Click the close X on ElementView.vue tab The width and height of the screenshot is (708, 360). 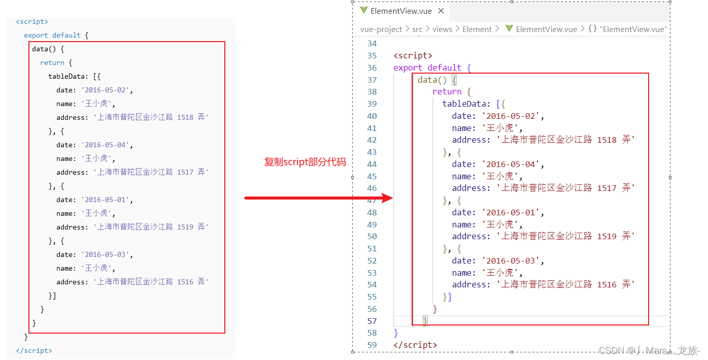click(x=441, y=11)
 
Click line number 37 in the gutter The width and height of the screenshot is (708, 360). click(x=372, y=80)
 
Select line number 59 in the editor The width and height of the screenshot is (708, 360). click(x=372, y=345)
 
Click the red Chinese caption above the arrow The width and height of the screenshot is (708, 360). click(x=305, y=162)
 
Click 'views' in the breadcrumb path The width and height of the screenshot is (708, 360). click(x=442, y=29)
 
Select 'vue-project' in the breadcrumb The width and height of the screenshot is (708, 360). click(x=381, y=29)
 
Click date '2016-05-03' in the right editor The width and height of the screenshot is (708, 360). click(x=512, y=260)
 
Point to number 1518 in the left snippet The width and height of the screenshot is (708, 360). click(x=185, y=117)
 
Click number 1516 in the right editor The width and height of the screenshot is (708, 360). click(x=606, y=284)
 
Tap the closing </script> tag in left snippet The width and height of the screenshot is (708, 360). click(x=34, y=350)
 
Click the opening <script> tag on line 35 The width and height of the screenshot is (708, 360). click(x=413, y=55)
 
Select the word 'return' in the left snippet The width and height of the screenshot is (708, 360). click(x=52, y=62)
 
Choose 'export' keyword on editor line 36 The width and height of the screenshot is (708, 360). click(x=408, y=68)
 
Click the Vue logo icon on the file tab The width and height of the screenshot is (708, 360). click(x=363, y=10)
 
